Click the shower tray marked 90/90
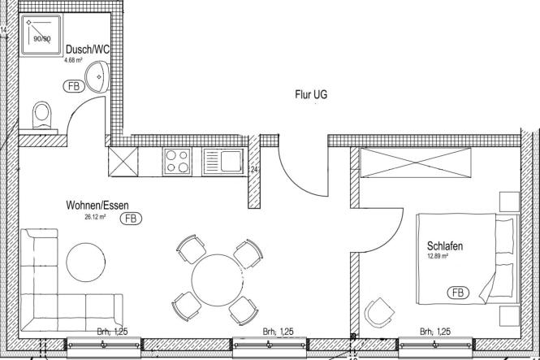click(x=41, y=34)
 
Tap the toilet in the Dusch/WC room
click(x=42, y=115)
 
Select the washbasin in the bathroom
click(x=97, y=76)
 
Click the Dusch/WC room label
click(x=88, y=50)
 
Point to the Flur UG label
click(x=311, y=94)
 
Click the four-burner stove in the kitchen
click(x=177, y=162)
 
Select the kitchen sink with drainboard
click(x=223, y=161)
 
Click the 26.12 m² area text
click(x=95, y=217)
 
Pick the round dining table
click(x=218, y=280)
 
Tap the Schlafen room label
click(x=445, y=246)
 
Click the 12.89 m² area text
click(x=438, y=256)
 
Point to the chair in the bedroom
click(x=379, y=313)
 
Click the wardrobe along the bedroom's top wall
click(x=415, y=163)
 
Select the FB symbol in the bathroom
click(x=74, y=86)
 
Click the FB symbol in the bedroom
click(x=458, y=293)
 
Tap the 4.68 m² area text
click(x=73, y=60)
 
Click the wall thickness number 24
click(x=254, y=170)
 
